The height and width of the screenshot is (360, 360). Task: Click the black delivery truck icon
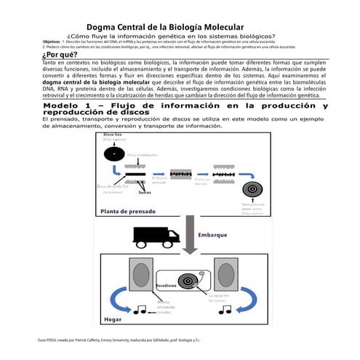pos(156,236)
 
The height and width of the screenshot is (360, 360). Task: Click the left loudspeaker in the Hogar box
pos(140,276)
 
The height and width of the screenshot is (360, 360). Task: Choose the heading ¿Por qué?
pos(60,55)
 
